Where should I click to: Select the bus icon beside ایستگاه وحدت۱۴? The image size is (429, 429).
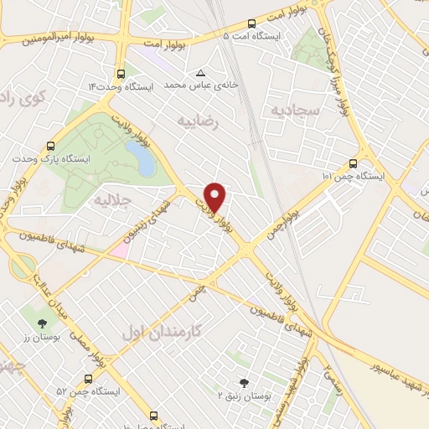point(122,73)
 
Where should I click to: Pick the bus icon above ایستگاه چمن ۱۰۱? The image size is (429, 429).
point(353,163)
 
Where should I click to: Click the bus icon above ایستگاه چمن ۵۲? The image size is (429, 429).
point(88,379)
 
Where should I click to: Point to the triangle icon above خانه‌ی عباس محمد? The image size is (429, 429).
point(199,72)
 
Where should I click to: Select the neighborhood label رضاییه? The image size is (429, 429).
point(199,122)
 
